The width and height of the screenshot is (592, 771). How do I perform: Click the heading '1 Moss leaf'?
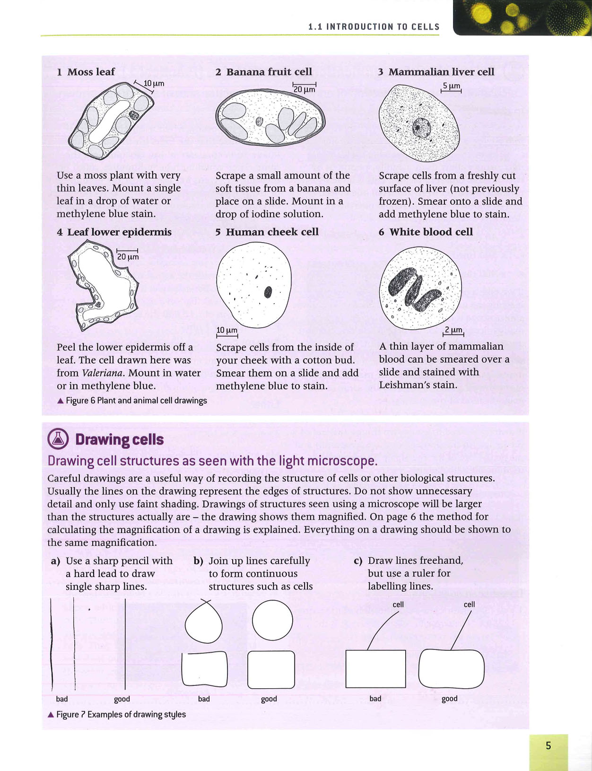tap(86, 72)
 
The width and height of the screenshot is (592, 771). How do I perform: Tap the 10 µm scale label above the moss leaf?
tap(154, 84)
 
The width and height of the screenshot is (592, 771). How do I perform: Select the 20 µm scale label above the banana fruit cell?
tap(304, 89)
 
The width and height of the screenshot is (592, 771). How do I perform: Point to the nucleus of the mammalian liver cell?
tap(421, 127)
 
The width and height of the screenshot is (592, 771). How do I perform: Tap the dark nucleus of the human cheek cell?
tap(268, 292)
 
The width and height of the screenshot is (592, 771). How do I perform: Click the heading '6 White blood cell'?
tap(426, 232)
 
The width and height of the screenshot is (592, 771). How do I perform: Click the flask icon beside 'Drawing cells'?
tap(58, 439)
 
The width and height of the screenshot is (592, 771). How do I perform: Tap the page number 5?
tap(548, 745)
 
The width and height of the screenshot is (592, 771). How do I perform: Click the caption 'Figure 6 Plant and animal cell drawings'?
tap(132, 401)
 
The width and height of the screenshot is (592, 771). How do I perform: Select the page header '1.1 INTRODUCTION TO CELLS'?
tap(374, 26)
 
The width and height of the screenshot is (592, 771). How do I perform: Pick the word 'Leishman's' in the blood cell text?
tap(404, 385)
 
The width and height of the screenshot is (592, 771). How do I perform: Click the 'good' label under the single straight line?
tap(122, 699)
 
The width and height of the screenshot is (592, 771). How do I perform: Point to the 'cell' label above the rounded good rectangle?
tap(469, 604)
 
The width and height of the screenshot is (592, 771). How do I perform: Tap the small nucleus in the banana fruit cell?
tap(260, 122)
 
